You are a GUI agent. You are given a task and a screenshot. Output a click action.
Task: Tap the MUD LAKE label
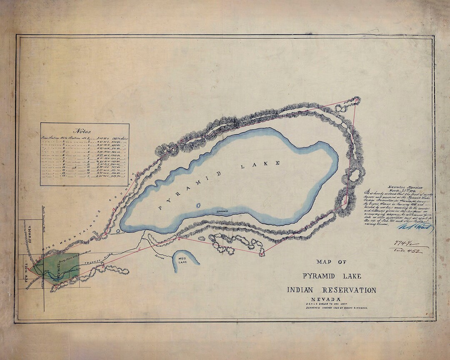[x=182, y=260]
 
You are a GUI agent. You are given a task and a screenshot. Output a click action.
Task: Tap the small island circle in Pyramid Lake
[x=198, y=205]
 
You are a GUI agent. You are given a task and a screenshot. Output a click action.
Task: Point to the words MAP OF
[x=331, y=262]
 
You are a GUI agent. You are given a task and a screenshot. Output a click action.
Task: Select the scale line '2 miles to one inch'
[x=327, y=304]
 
